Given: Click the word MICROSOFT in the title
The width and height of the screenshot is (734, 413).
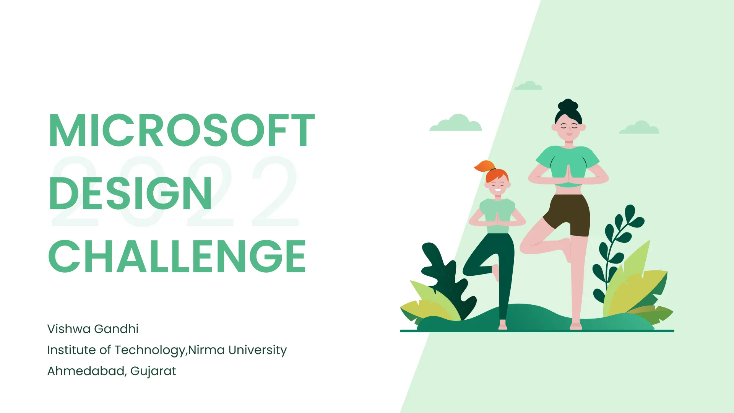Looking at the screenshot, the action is [182, 130].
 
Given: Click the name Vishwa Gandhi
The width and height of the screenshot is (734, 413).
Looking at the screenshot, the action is [93, 329].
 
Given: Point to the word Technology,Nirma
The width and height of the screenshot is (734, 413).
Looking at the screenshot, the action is [169, 350].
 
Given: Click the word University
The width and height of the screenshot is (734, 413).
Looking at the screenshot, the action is [257, 350].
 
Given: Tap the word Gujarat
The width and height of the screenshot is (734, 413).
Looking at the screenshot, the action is [153, 371].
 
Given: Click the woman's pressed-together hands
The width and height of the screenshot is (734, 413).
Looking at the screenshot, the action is [568, 174].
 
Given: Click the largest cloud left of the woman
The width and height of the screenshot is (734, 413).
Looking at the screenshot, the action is [456, 123].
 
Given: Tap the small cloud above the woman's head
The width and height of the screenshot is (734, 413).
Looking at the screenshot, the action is [528, 86].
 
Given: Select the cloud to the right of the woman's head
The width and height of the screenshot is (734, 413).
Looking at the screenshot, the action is [639, 127].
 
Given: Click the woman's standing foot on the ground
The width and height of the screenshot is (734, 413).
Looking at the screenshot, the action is [576, 326].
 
